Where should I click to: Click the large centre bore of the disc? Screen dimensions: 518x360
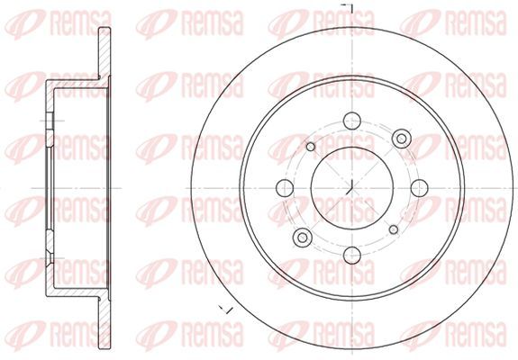352,188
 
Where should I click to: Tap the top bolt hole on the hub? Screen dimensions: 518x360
352,121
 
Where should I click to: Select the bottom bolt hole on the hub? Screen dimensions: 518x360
352,255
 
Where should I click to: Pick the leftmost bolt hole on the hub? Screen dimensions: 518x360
285,188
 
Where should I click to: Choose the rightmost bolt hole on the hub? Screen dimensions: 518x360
420,188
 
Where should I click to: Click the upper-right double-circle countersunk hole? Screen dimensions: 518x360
402,139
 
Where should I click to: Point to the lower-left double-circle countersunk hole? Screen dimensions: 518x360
303,237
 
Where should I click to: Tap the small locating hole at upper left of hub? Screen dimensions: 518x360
311,147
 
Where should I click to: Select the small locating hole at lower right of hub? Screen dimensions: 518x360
394,229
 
